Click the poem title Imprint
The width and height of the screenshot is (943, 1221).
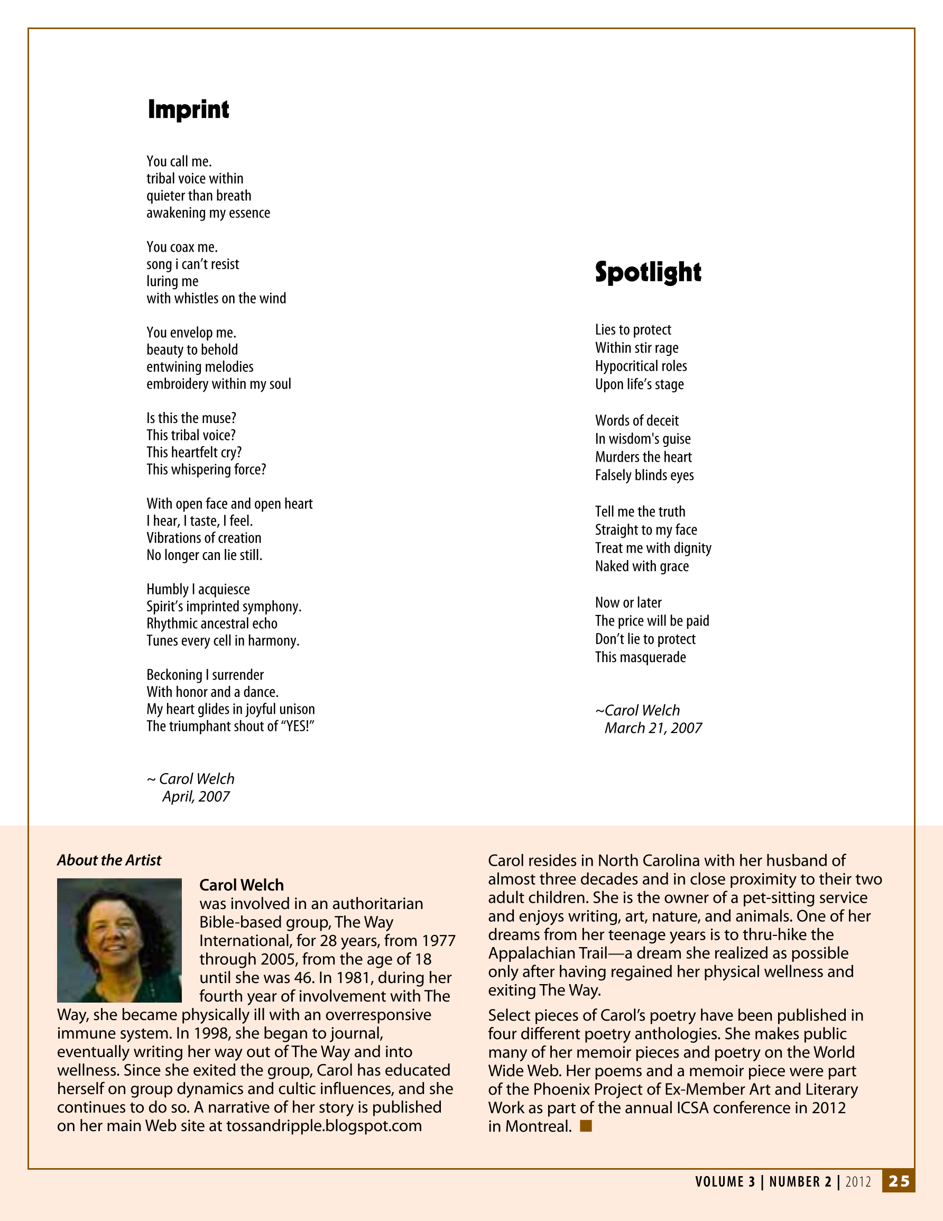coord(188,109)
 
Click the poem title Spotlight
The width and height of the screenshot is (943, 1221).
coord(648,272)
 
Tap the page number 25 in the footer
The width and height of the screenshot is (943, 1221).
coord(899,1181)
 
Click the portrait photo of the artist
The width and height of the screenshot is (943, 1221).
coord(119,940)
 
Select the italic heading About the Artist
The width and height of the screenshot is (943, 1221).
coord(109,860)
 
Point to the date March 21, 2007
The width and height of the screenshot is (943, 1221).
coord(653,728)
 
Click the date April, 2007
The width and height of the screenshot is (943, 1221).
coord(196,796)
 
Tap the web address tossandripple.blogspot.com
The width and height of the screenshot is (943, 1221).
coord(323,1125)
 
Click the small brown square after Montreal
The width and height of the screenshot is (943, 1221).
coord(586,1125)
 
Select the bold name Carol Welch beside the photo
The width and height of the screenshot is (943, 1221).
coord(242,885)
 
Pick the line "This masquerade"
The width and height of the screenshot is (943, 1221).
coord(640,657)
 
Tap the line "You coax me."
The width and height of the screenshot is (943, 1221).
coord(182,247)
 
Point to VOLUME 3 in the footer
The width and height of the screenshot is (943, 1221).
coord(725,1182)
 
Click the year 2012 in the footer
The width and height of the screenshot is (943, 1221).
coord(858,1182)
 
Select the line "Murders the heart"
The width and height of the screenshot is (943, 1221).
coord(643,457)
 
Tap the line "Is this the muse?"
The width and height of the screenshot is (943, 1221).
coord(191,418)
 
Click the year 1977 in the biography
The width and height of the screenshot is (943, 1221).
coord(439,940)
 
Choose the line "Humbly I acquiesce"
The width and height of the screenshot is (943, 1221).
coord(198,589)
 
